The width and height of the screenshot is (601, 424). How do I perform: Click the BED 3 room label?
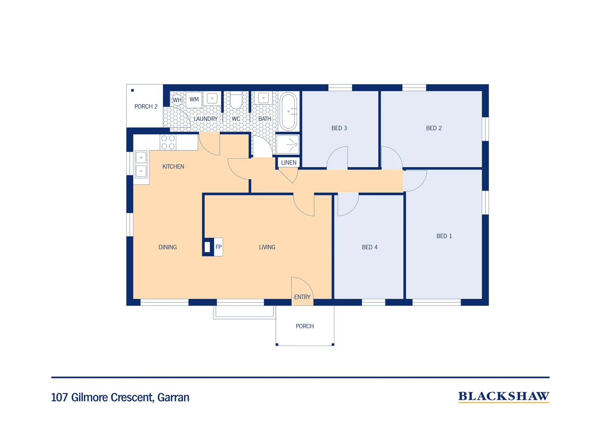pos(339,128)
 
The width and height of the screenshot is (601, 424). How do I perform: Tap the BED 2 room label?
pos(434,128)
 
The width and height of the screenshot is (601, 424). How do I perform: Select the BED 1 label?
pos(444,236)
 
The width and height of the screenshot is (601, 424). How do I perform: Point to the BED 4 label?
pos(369,247)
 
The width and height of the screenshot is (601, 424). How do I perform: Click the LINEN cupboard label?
pos(289,163)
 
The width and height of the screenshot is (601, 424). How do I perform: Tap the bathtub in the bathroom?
pos(288,111)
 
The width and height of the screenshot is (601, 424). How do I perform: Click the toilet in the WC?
pos(236,101)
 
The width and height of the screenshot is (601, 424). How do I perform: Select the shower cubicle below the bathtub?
pos(288,144)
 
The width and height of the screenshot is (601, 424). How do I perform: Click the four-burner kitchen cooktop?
pos(168,142)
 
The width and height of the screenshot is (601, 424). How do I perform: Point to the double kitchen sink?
pos(141,164)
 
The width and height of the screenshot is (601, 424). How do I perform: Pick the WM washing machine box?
pos(194,100)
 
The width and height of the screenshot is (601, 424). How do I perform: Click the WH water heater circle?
pos(177,100)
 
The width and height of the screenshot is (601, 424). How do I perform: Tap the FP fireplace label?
pos(218,247)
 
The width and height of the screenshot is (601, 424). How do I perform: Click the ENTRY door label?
pos(302,297)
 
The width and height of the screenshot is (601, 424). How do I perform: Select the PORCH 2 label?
pos(146,106)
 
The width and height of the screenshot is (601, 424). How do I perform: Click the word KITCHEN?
pos(173,166)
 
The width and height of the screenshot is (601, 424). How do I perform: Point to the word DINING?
pos(168,247)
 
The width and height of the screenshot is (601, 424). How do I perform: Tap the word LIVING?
pos(267,247)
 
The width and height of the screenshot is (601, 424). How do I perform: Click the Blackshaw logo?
pos(503,397)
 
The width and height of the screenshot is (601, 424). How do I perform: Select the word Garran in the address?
pos(173,397)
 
